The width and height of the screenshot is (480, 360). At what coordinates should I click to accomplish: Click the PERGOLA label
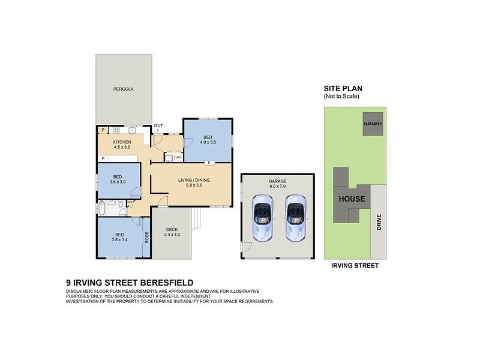[x=123, y=89]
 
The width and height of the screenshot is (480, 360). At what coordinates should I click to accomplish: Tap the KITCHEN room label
[x=122, y=142]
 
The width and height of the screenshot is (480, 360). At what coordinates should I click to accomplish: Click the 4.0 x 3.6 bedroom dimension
[x=207, y=142]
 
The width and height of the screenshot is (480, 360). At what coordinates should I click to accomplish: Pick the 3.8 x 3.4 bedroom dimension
[x=119, y=239]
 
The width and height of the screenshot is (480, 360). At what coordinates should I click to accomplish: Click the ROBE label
[x=146, y=236]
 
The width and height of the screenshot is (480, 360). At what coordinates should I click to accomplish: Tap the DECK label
[x=171, y=229]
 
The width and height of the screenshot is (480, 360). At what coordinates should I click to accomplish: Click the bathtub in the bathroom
[x=103, y=209]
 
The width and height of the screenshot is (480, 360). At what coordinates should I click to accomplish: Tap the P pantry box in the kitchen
[x=103, y=130]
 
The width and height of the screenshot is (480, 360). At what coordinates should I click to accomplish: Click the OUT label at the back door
[x=158, y=126]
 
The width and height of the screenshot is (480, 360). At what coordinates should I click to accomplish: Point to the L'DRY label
[x=177, y=157]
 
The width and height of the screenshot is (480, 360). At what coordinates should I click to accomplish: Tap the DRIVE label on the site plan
[x=379, y=223]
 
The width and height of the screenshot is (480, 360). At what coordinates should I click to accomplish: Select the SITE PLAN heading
[x=343, y=88]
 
